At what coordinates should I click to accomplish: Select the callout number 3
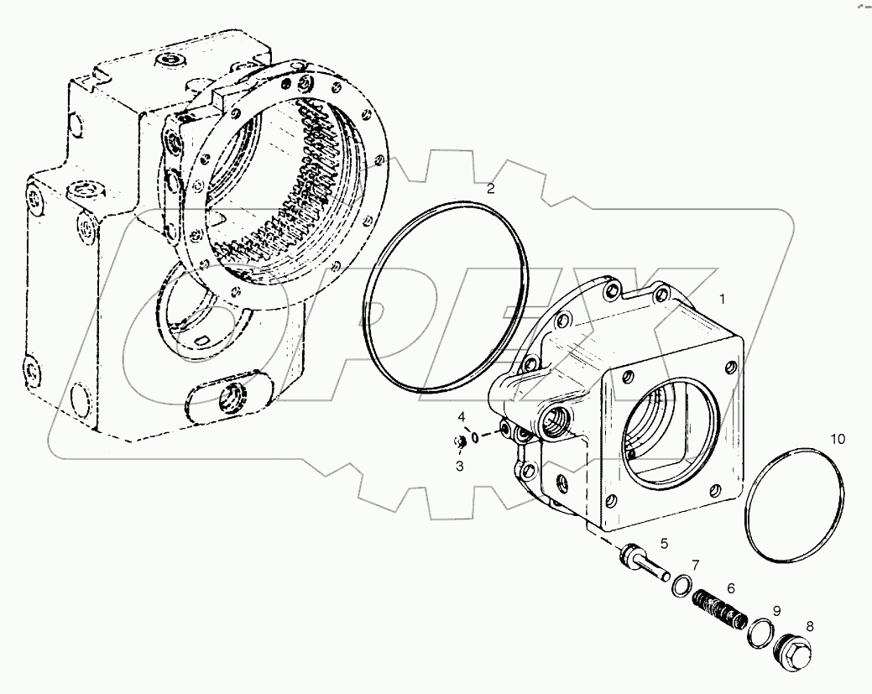tap(460, 466)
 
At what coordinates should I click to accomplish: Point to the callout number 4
tap(461, 417)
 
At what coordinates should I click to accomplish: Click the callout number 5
tap(664, 543)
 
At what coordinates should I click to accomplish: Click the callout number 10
tap(838, 439)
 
